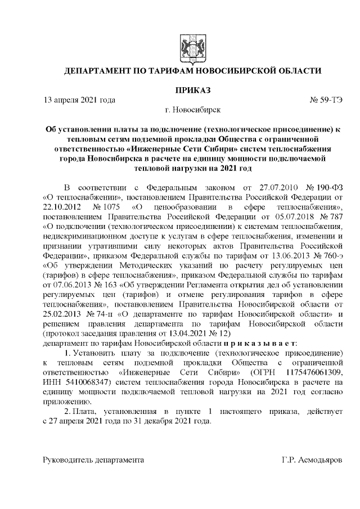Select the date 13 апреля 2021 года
79,100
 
